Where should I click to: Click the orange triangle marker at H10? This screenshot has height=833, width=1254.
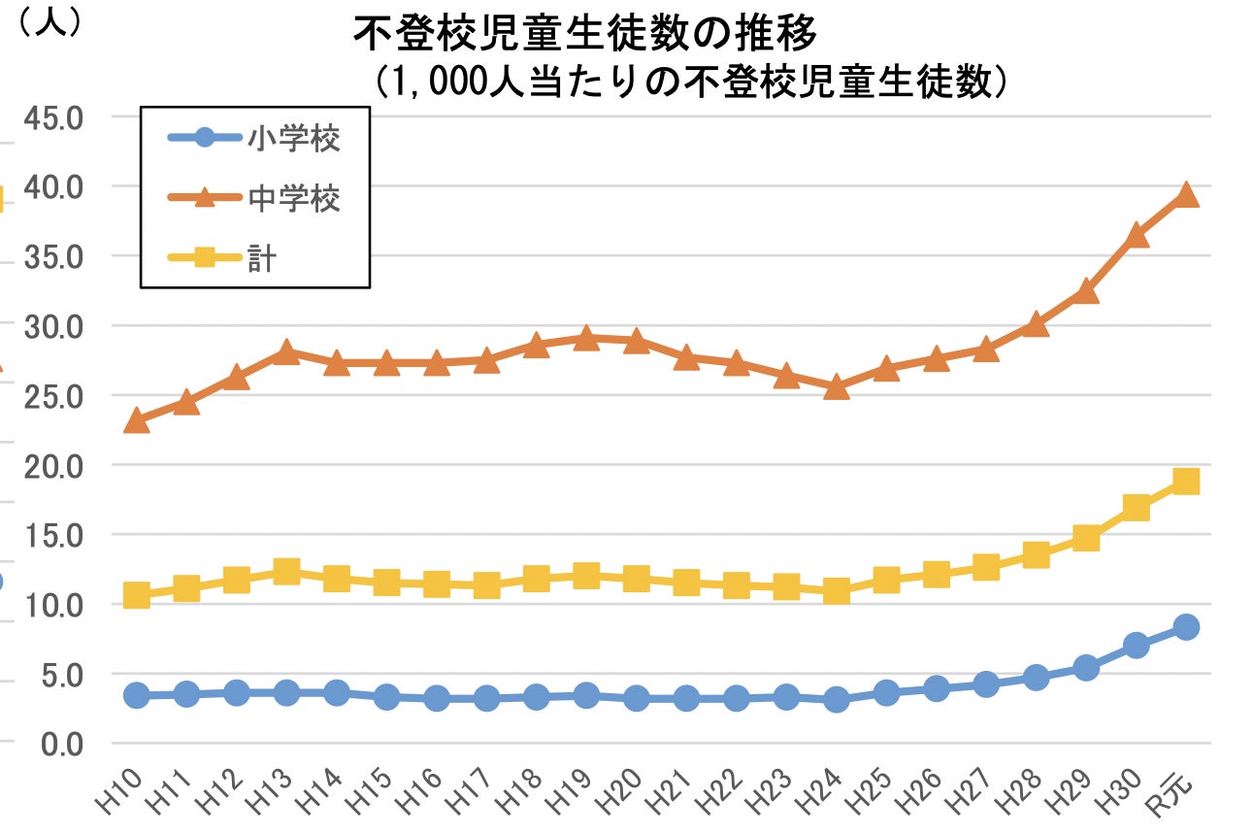[137, 420]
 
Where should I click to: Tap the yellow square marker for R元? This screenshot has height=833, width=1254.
[1185, 482]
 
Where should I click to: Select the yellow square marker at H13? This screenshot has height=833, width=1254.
[286, 572]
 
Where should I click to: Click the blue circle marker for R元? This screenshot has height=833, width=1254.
[1185, 627]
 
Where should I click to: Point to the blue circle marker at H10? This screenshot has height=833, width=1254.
[137, 695]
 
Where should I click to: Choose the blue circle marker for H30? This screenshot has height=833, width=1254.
[1136, 646]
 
